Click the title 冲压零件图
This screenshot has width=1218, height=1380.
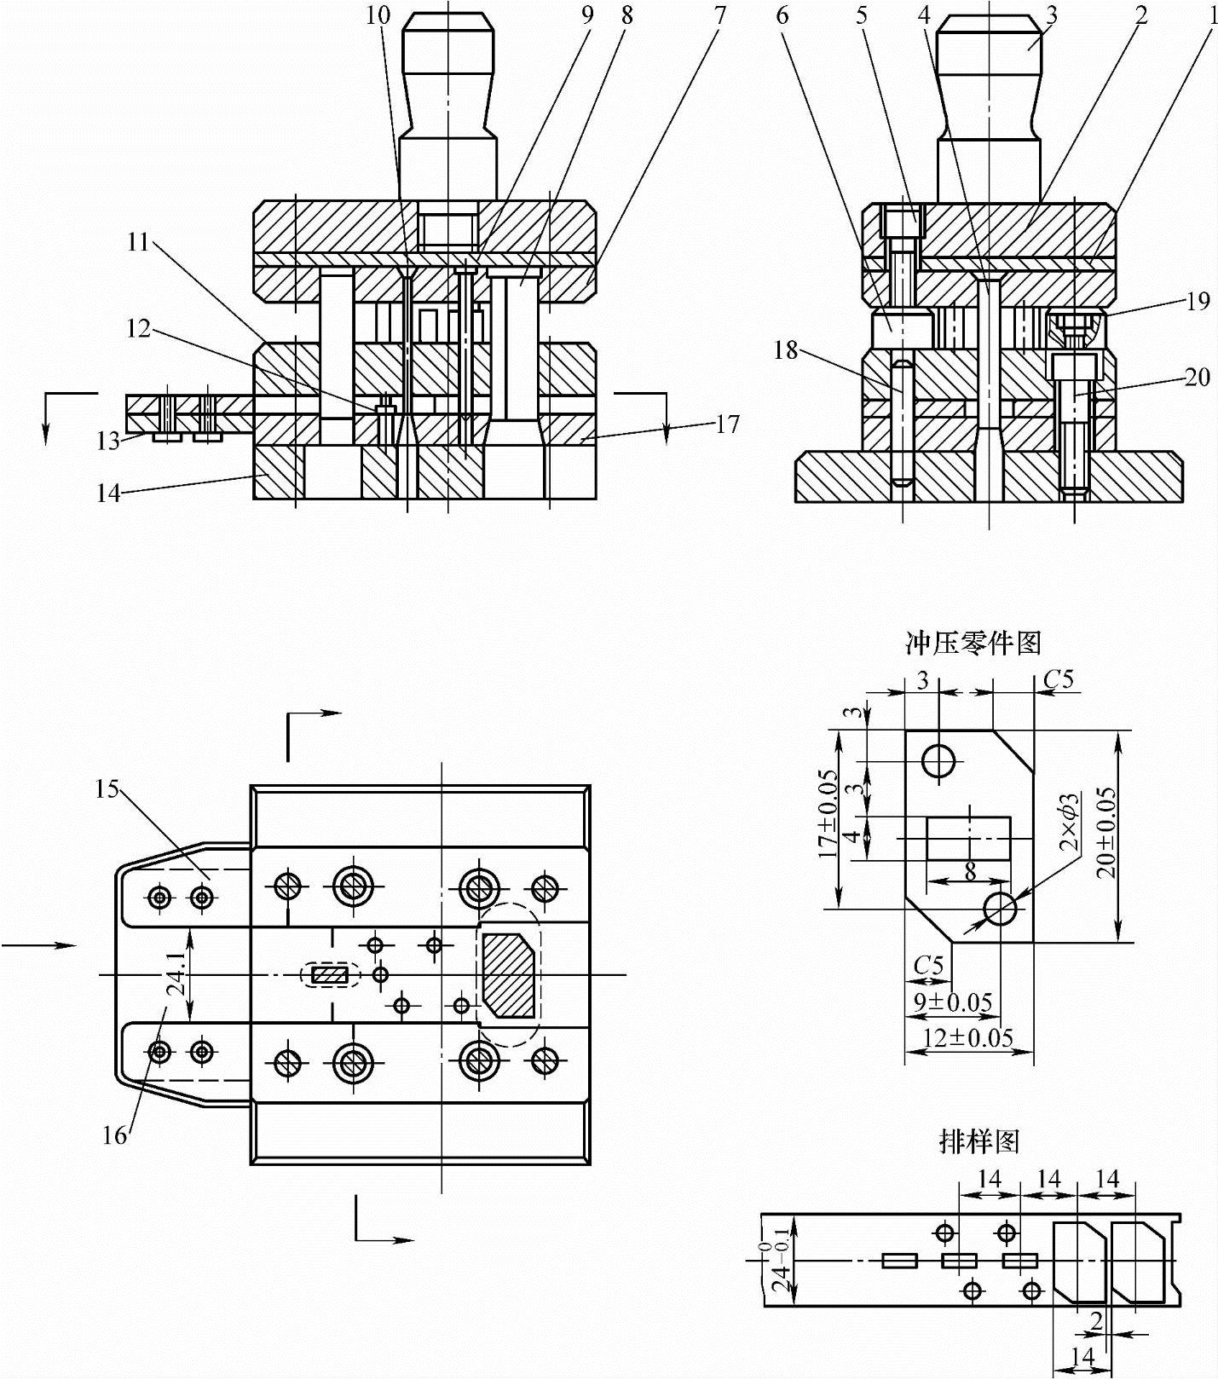(973, 642)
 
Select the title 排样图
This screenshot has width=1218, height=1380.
(978, 1140)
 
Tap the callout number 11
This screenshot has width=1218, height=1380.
(138, 243)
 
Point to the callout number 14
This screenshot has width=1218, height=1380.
(108, 494)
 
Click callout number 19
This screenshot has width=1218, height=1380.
(1198, 301)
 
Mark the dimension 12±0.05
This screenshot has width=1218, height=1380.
(968, 1037)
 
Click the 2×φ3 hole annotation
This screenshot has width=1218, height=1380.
(1069, 822)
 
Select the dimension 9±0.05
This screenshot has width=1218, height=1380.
(953, 1002)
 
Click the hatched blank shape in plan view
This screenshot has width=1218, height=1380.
(510, 975)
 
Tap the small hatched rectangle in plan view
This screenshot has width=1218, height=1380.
(330, 975)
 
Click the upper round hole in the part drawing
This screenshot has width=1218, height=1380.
(938, 760)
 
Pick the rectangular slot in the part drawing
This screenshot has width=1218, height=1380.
(968, 838)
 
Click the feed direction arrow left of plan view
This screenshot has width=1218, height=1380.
(39, 944)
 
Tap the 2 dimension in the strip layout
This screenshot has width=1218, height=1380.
(1097, 1320)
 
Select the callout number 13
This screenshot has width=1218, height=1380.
(108, 441)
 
